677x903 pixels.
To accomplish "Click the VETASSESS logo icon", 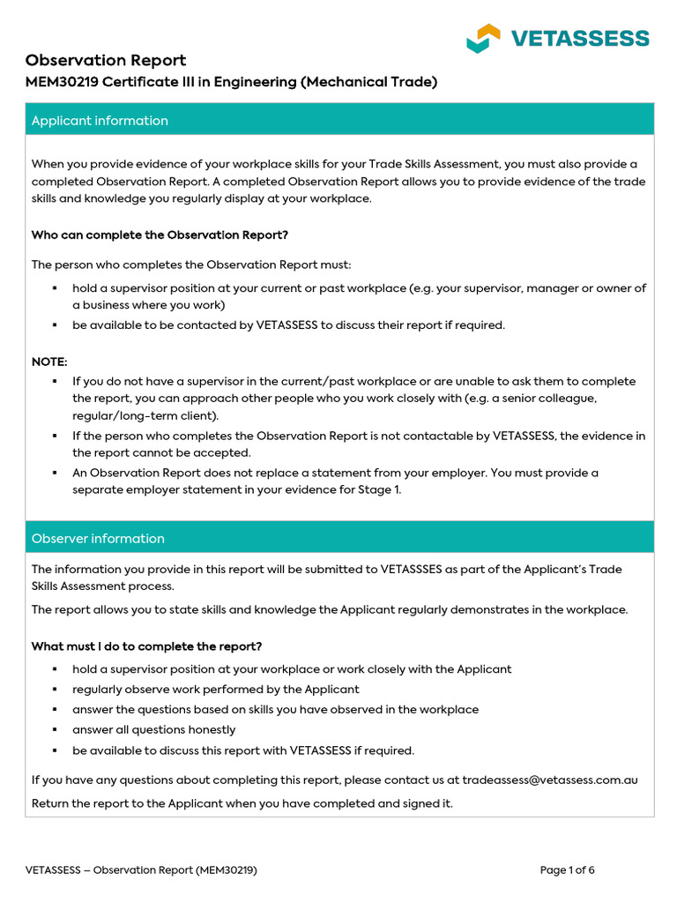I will [x=483, y=38].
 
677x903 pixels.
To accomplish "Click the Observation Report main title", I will [x=106, y=60].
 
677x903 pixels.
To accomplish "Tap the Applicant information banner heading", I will [x=100, y=121].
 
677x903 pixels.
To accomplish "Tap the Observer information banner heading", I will [x=98, y=539].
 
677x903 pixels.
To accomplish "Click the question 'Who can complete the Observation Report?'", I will [x=160, y=235].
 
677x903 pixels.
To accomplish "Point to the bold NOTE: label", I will [x=48, y=362].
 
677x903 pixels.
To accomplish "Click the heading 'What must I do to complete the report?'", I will [x=146, y=646].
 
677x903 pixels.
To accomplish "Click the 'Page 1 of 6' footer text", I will [x=567, y=870].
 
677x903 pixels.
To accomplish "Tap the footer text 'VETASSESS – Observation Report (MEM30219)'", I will [x=141, y=870].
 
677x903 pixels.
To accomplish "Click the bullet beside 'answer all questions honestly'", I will [x=54, y=730].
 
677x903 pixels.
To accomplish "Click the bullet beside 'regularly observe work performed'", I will [x=54, y=690].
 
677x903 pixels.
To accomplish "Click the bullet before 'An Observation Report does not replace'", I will [x=54, y=473].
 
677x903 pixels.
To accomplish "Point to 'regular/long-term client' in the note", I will [x=143, y=415].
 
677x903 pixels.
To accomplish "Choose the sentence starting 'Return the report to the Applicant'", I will [x=242, y=803].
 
